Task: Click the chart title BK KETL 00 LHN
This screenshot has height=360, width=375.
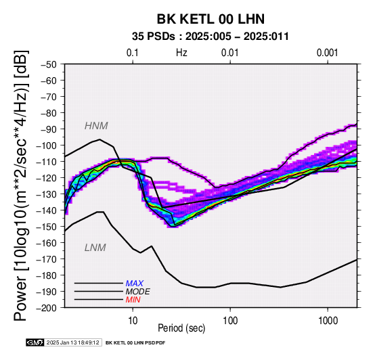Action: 211,19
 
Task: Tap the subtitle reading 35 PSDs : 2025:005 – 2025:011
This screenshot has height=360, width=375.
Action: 211,37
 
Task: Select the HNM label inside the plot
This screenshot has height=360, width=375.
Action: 96,126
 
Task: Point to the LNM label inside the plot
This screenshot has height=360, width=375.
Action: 95,248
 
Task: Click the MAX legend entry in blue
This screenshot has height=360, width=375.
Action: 134,284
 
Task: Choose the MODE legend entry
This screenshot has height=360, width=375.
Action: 138,292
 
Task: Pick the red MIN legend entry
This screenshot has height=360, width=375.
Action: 133,300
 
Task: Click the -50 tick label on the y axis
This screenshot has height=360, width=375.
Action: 48,64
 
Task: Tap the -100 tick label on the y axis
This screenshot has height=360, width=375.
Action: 46,145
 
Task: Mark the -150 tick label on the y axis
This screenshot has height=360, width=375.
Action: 46,227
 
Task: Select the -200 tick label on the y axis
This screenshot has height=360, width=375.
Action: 46,308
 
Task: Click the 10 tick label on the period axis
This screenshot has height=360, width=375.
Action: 133,321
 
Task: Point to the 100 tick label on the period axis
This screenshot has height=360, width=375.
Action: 230,321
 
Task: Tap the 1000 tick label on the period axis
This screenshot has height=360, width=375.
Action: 328,321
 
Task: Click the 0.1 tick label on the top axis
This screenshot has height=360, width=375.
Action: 133,53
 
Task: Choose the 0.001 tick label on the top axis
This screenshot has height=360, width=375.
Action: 328,53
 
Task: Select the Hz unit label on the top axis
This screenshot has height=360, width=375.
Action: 181,53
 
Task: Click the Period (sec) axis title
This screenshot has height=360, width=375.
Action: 181,328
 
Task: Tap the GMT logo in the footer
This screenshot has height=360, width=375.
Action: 35,342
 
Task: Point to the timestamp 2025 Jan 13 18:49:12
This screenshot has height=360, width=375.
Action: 72,342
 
